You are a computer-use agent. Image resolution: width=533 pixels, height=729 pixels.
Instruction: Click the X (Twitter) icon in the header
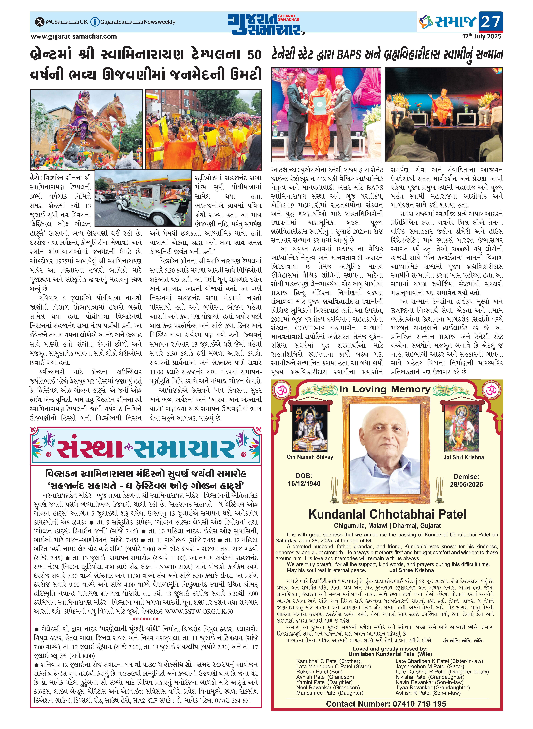coord(39,22)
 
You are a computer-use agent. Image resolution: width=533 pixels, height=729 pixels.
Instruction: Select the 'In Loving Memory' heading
coord(385,389)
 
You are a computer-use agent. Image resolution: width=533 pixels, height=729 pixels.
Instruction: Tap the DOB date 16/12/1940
coord(304,484)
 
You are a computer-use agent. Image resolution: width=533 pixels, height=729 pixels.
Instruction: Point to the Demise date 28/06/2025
coord(466,484)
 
